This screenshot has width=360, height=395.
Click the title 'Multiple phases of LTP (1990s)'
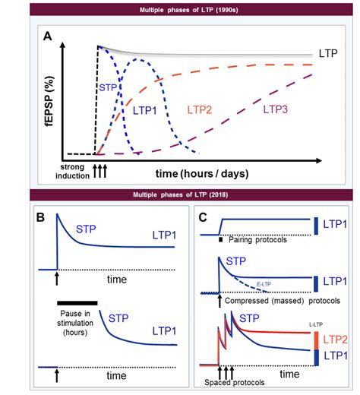coord(180,10)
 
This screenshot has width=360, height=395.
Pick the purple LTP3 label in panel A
coord(279,109)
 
